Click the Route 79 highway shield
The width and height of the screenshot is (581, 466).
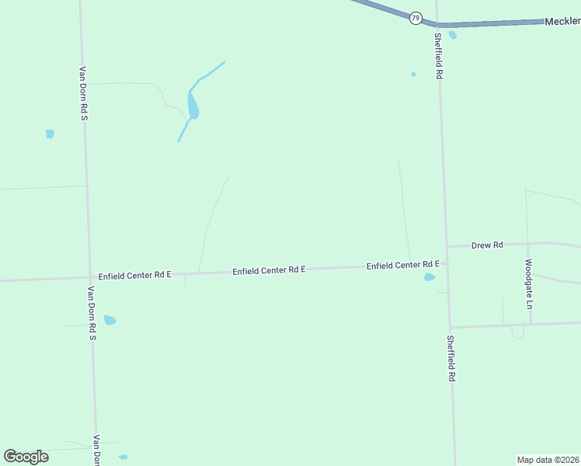416,17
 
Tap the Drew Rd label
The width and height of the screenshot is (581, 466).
487,245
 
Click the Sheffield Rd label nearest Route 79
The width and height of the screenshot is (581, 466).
438,56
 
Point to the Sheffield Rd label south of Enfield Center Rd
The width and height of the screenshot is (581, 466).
451,358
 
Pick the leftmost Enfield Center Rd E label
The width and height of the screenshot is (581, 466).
134,276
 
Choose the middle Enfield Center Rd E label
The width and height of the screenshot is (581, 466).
269,270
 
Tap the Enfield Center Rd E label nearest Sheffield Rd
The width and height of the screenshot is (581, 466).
403,266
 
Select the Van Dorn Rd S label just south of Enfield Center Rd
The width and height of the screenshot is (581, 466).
91,314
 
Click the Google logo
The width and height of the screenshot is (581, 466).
26,457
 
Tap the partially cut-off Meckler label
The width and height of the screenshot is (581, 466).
562,22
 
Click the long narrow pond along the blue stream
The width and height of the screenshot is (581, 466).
193,106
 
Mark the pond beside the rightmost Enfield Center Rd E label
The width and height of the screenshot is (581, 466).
430,276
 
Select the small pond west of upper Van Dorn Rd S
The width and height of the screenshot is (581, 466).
50,134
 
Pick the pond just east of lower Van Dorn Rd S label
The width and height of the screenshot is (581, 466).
110,320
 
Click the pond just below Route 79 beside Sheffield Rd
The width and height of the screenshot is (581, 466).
452,35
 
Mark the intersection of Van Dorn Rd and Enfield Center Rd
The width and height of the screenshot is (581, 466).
89,277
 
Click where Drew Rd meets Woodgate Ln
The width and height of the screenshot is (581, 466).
527,244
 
